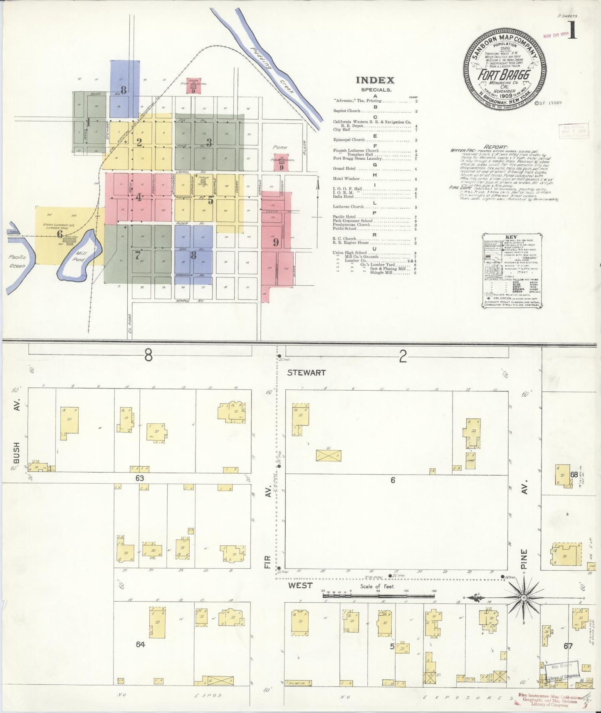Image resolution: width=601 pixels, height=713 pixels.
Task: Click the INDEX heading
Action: point(375,80)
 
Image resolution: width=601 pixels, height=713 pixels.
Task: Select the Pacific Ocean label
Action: point(17,261)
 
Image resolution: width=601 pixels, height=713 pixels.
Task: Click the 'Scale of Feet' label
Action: point(377,587)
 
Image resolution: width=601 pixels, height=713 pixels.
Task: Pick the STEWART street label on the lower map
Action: point(307,373)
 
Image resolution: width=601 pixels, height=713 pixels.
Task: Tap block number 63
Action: point(139,478)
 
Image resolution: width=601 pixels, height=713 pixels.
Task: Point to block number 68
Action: point(574,475)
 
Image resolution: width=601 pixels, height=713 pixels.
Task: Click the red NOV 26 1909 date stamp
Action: point(556,35)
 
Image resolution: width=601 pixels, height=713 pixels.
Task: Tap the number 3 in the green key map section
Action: point(209,142)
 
